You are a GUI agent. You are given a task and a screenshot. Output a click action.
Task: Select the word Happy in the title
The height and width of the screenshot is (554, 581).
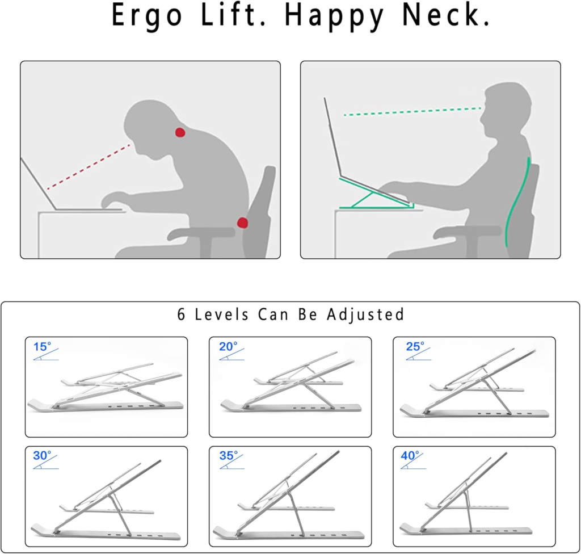(334, 16)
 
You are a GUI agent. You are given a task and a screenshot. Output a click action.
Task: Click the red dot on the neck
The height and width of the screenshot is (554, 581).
(180, 132)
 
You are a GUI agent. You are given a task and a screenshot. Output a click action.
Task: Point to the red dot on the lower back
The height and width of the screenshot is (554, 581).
(242, 223)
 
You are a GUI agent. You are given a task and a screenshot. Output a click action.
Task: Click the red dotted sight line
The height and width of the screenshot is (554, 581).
(89, 166)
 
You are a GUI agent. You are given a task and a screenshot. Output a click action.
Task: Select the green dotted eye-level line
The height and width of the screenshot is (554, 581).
(412, 112)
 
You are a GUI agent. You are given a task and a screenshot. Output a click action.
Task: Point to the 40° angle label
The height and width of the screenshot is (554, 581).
(410, 455)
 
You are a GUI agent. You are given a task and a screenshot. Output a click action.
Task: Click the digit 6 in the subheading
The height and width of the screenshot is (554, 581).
(181, 314)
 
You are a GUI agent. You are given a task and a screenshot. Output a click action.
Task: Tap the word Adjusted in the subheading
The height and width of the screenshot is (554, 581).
(365, 314)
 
